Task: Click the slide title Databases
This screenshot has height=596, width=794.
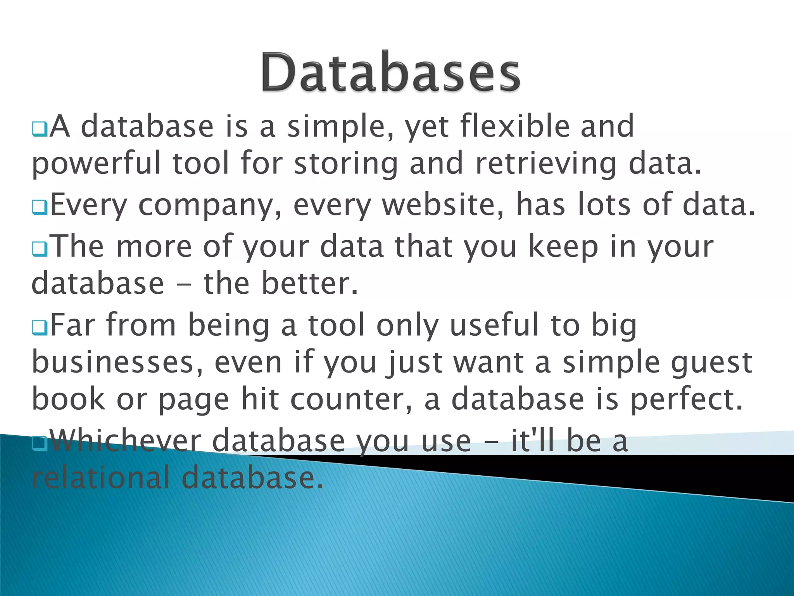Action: tap(390, 73)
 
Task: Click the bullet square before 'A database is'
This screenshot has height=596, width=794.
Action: tap(40, 129)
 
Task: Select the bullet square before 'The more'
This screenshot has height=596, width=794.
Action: tap(40, 249)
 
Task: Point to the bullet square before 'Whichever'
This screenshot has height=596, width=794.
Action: tap(40, 443)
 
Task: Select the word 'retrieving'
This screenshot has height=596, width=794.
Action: tap(545, 164)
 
